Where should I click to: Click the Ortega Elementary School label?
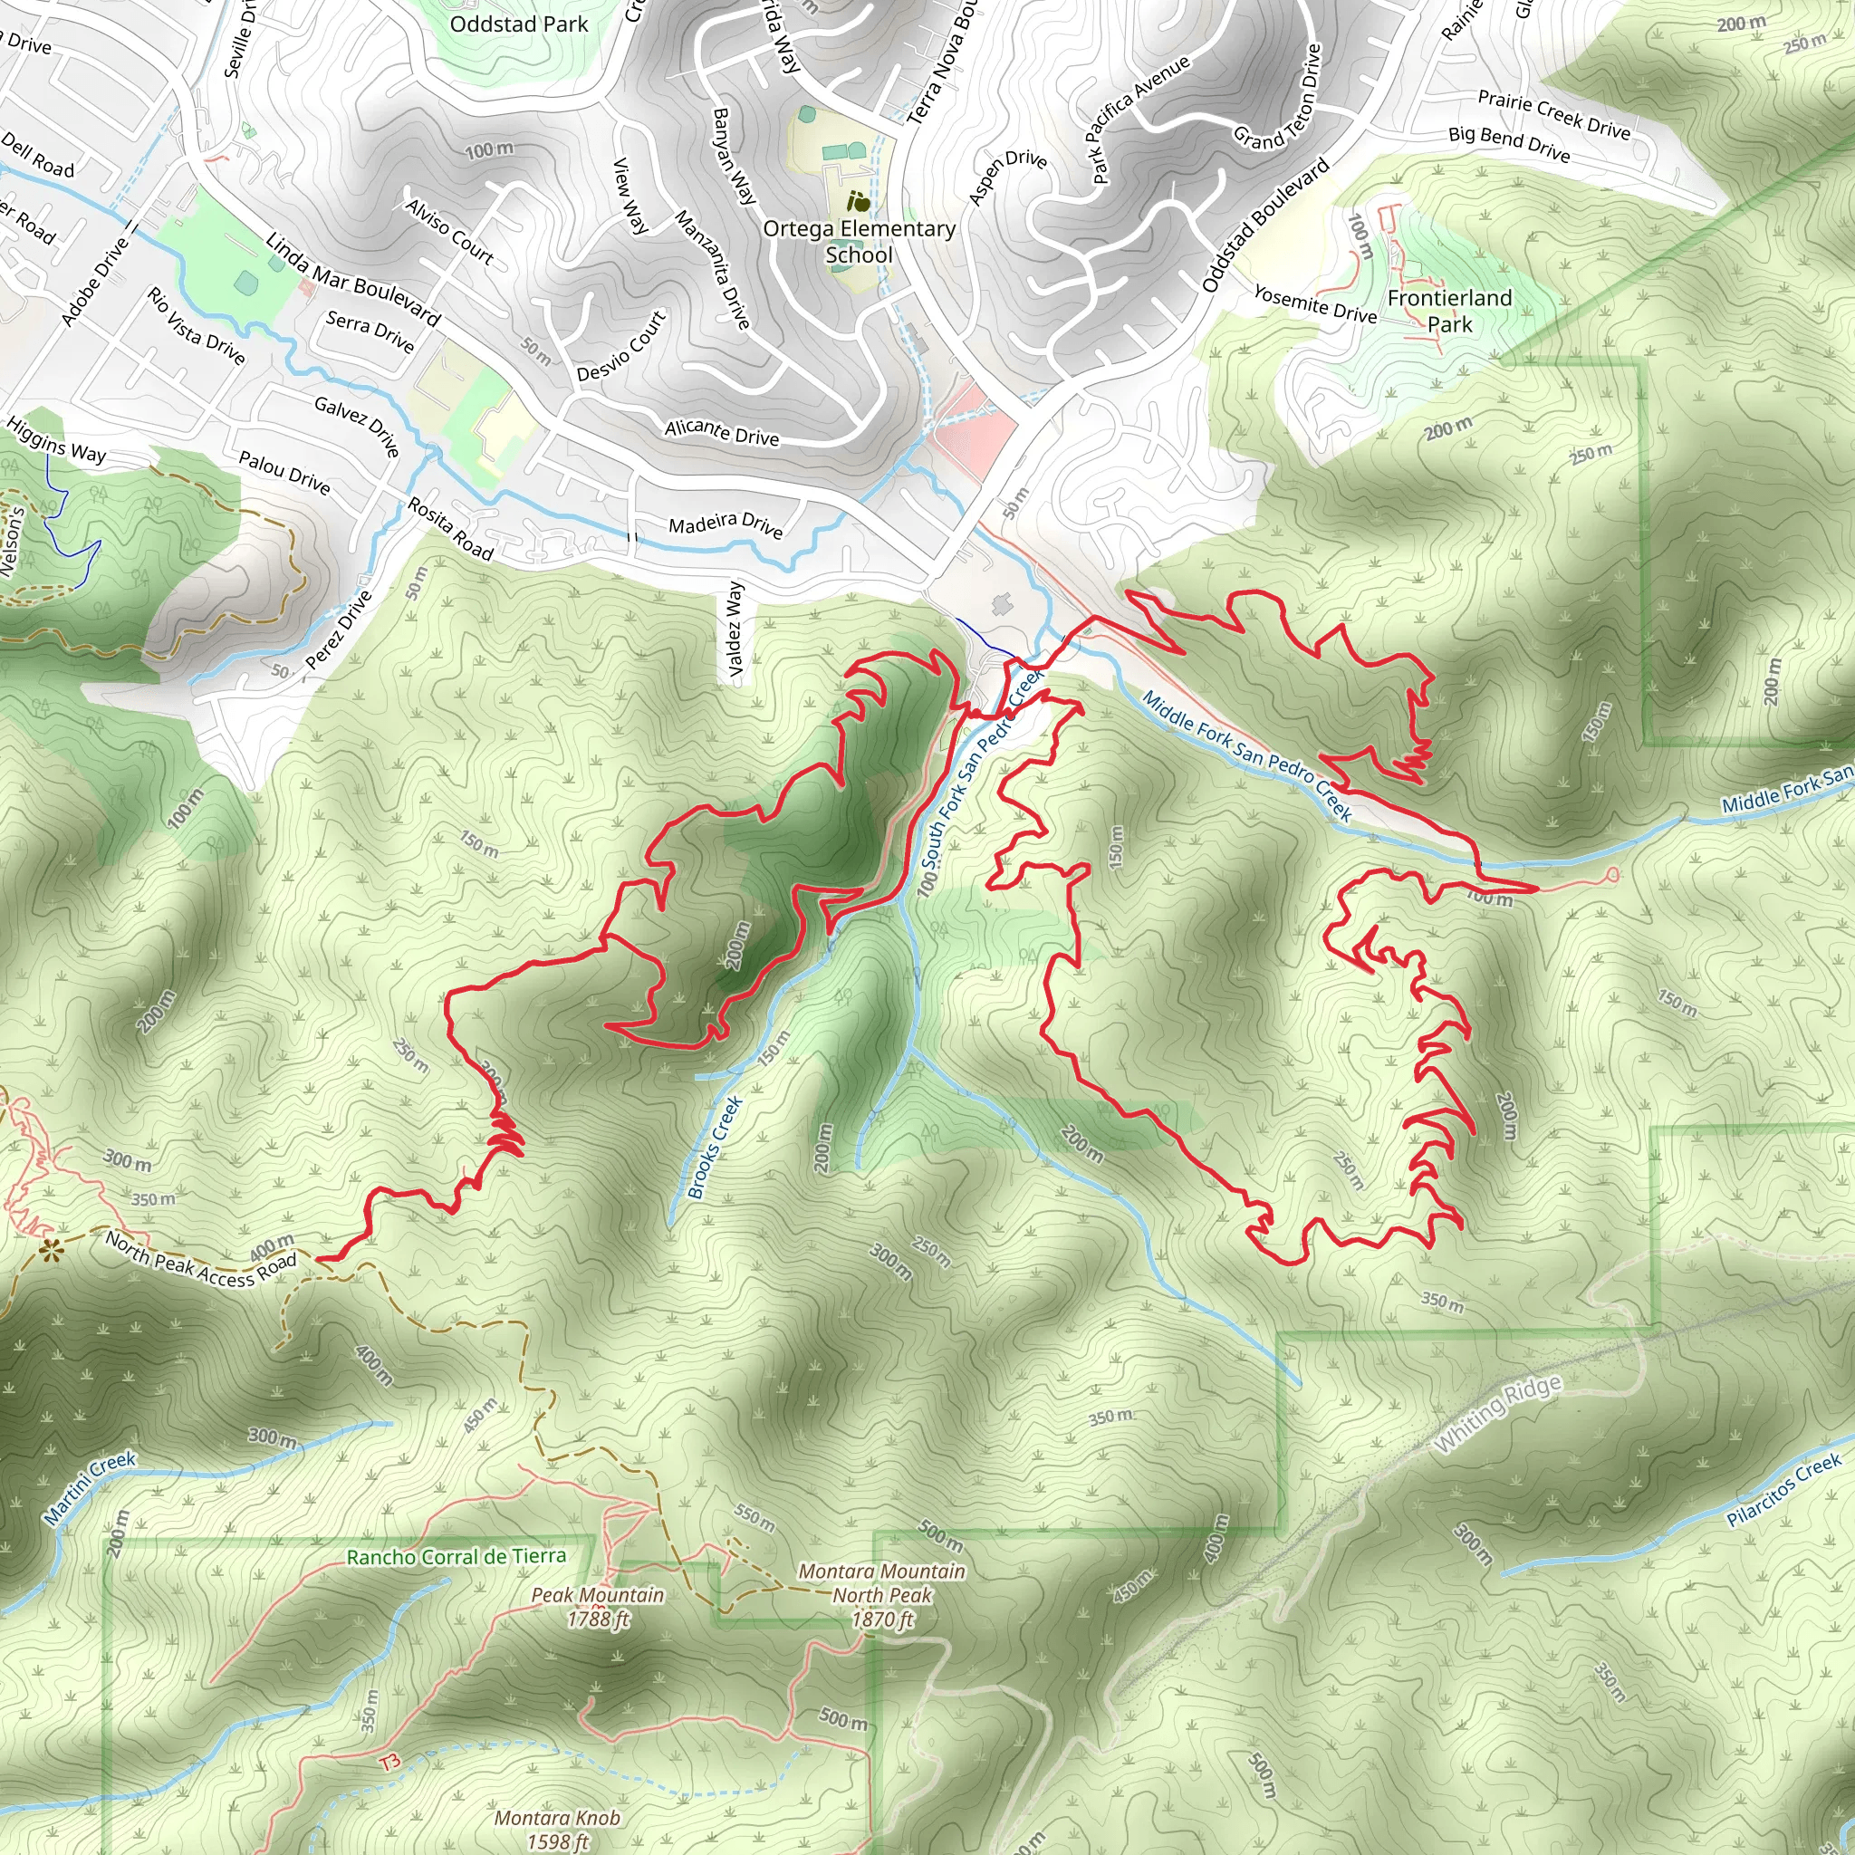[x=859, y=241]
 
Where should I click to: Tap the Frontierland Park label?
[x=1449, y=310]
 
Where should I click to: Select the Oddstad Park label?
[x=518, y=24]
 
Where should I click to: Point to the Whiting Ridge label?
[x=1498, y=1413]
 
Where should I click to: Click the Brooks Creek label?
[x=716, y=1148]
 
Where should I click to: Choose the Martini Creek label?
[x=91, y=1488]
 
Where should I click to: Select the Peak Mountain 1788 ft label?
[x=597, y=1606]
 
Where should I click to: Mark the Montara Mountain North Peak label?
[x=881, y=1595]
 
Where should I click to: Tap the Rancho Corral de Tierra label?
[x=457, y=1556]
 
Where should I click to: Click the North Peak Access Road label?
[x=201, y=1258]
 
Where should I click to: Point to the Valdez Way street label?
[x=735, y=629]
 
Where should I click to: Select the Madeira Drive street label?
[x=726, y=525]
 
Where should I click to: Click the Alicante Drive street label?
[x=722, y=433]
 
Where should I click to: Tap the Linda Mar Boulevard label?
[x=352, y=279]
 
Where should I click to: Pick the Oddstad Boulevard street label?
[x=1265, y=224]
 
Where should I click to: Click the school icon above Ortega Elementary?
[x=859, y=202]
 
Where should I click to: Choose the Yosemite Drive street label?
[x=1314, y=304]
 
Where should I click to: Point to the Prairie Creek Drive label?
[x=1553, y=114]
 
